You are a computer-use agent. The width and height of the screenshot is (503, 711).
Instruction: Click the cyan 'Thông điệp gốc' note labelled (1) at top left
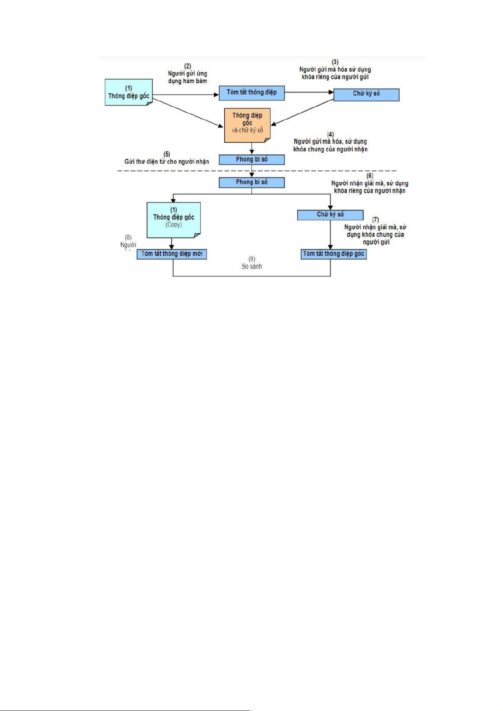128,92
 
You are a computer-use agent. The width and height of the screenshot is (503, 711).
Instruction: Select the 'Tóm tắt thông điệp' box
251,93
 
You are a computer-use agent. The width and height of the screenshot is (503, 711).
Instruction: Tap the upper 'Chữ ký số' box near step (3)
366,94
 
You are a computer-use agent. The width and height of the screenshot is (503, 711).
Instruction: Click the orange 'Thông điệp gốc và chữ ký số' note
247,124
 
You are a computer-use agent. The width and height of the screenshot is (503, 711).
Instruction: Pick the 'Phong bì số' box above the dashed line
251,160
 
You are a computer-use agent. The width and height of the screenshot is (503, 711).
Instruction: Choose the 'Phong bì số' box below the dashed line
251,182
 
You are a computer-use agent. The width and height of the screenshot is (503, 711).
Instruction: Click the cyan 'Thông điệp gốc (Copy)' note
173,219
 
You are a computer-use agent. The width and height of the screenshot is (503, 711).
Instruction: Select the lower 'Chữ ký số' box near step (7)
330,215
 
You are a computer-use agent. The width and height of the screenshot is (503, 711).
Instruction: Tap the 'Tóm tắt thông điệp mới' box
171,254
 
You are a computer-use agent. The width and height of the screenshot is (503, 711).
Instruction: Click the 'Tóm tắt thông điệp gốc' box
333,254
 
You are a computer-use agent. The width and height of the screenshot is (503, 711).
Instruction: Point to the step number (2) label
188,66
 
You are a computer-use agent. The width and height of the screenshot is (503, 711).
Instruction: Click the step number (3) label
335,62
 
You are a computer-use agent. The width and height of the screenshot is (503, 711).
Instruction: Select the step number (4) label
330,135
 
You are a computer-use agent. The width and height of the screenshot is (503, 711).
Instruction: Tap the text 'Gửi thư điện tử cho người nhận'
166,162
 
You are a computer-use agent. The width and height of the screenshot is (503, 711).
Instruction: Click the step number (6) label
370,176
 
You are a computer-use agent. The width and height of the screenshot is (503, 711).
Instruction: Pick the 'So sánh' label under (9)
251,267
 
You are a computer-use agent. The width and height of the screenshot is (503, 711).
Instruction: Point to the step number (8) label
128,238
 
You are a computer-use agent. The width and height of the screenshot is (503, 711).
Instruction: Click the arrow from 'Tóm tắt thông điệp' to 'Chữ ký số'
309,92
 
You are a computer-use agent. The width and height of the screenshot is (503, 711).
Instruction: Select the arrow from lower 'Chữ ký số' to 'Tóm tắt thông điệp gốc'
330,234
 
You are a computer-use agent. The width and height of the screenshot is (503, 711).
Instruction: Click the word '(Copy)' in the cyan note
174,225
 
